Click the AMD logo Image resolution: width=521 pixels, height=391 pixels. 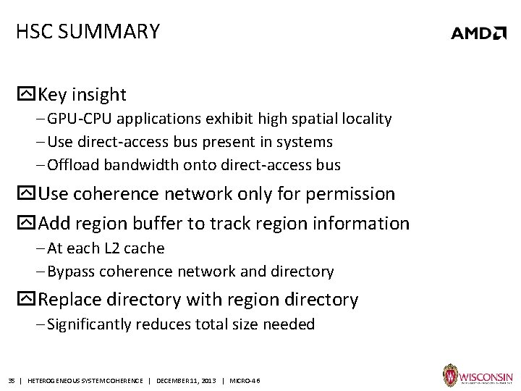[478, 33]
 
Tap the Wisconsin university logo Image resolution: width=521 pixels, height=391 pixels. [478, 377]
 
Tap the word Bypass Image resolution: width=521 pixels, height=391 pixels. [72, 272]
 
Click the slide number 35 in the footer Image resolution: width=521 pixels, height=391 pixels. [12, 380]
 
